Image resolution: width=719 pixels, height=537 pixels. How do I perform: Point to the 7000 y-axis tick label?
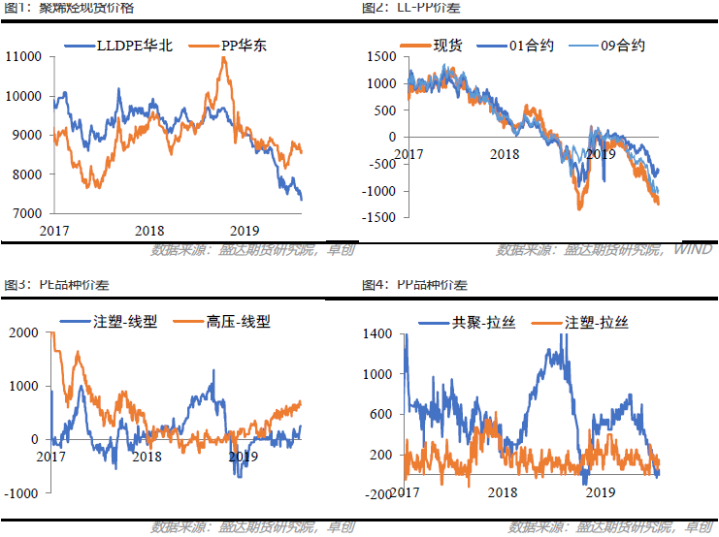(x=25, y=213)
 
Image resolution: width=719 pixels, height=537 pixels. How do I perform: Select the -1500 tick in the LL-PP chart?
(x=380, y=218)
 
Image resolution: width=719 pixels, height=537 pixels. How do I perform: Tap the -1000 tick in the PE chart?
(x=19, y=493)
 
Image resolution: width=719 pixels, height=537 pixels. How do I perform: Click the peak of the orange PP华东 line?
(x=224, y=58)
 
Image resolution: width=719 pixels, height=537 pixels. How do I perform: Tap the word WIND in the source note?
(x=693, y=250)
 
